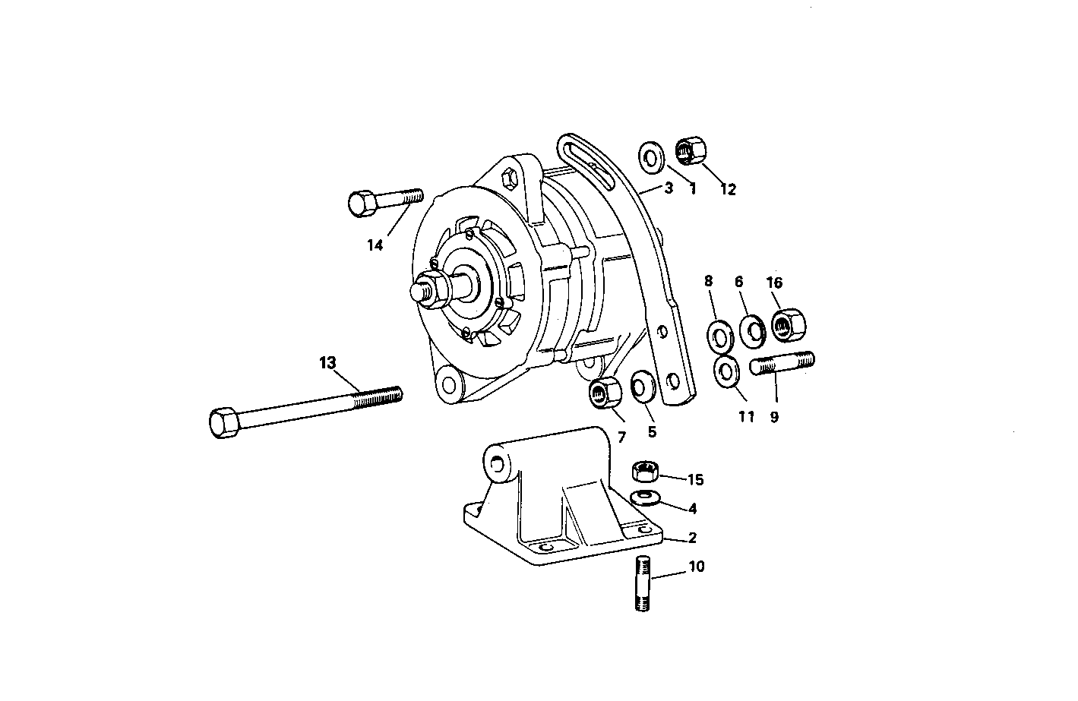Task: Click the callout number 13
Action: (x=327, y=363)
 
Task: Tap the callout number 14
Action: (x=375, y=245)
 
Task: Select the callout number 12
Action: (x=728, y=190)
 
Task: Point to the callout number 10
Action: (x=697, y=567)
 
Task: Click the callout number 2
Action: (x=692, y=538)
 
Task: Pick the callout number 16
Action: (x=774, y=283)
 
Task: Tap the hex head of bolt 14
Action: (x=359, y=204)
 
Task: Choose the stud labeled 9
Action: (x=782, y=363)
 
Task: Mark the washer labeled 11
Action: (x=727, y=371)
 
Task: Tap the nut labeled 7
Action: (x=605, y=393)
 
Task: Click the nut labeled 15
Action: (x=645, y=471)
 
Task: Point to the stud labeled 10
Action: (x=643, y=583)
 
